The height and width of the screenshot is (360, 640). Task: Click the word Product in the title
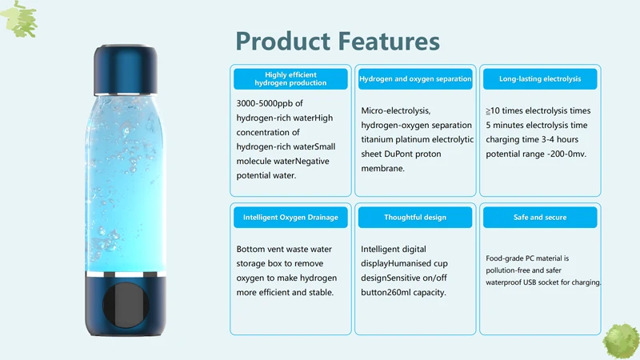283,42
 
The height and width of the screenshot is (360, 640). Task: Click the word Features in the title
389,42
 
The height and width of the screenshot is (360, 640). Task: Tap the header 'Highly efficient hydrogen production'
290,78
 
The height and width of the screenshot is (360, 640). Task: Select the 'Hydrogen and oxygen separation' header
415,78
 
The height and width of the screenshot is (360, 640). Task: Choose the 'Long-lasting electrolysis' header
540,78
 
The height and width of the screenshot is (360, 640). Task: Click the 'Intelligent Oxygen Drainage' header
290,217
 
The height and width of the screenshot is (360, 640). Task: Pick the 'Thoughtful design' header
415,217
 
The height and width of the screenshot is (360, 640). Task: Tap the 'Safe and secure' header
540,217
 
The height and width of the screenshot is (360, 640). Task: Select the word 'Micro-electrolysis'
396,110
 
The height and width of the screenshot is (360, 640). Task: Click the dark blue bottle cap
126,70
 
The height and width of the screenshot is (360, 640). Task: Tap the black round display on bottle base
126,305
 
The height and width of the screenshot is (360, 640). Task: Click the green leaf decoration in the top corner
19,19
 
